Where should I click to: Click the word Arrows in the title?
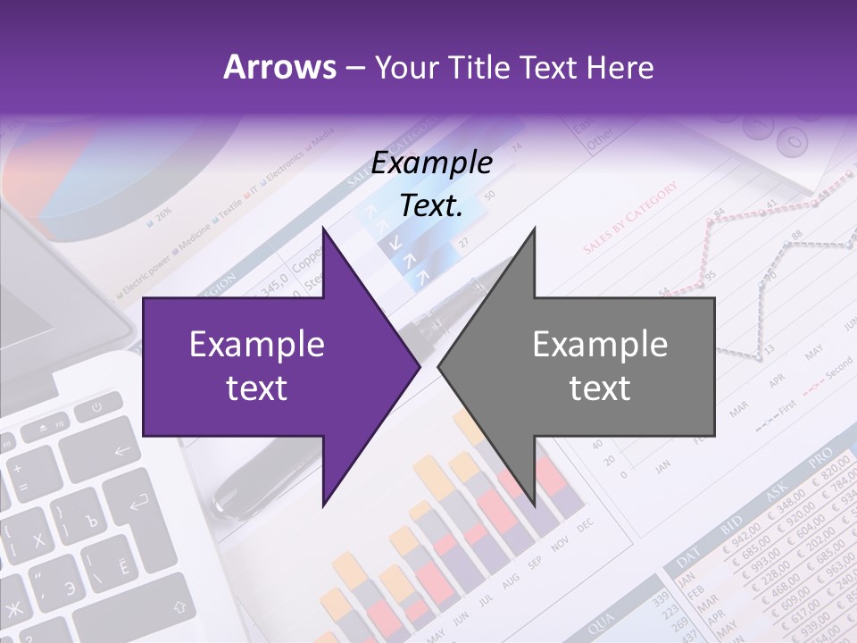pos(279,67)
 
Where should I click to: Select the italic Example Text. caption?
pos(431,184)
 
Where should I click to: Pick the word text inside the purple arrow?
pos(256,388)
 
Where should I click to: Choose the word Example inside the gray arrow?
pos(600,345)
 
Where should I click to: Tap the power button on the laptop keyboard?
pos(95,410)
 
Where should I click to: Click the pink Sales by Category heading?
pos(630,219)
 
